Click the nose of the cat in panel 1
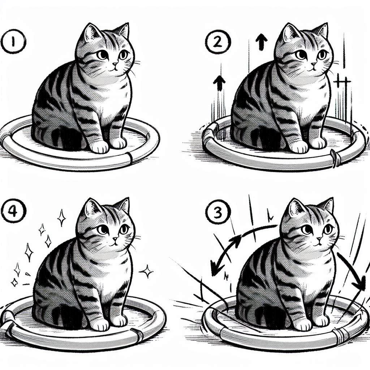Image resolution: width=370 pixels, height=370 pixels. [x=115, y=64]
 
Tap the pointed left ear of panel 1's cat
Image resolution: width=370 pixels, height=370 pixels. [x=92, y=33]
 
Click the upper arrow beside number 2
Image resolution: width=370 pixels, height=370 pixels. [x=262, y=41]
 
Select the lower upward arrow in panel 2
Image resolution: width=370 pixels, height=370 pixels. [x=219, y=83]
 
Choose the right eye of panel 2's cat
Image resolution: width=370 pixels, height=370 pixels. [x=321, y=55]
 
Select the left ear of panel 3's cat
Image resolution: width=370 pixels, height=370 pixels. [x=296, y=208]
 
